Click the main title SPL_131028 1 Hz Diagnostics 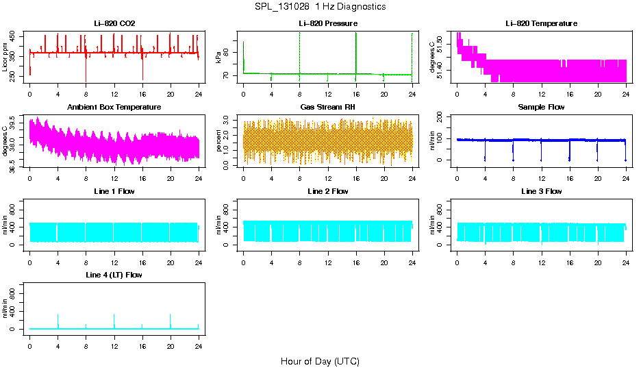pos(320,7)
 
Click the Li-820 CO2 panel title pos(114,24)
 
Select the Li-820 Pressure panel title pos(327,24)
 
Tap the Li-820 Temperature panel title pos(541,24)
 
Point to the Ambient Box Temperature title pos(114,108)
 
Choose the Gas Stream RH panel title pos(327,108)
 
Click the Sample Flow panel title pos(541,108)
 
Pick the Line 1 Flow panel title pos(114,191)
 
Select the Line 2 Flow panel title pos(327,191)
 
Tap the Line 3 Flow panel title pos(541,191)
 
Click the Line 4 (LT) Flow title pos(114,275)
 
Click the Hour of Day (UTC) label pos(320,361)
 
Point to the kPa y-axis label pos(218,58)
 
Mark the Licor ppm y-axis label pos(5,58)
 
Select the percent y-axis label pos(218,141)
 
